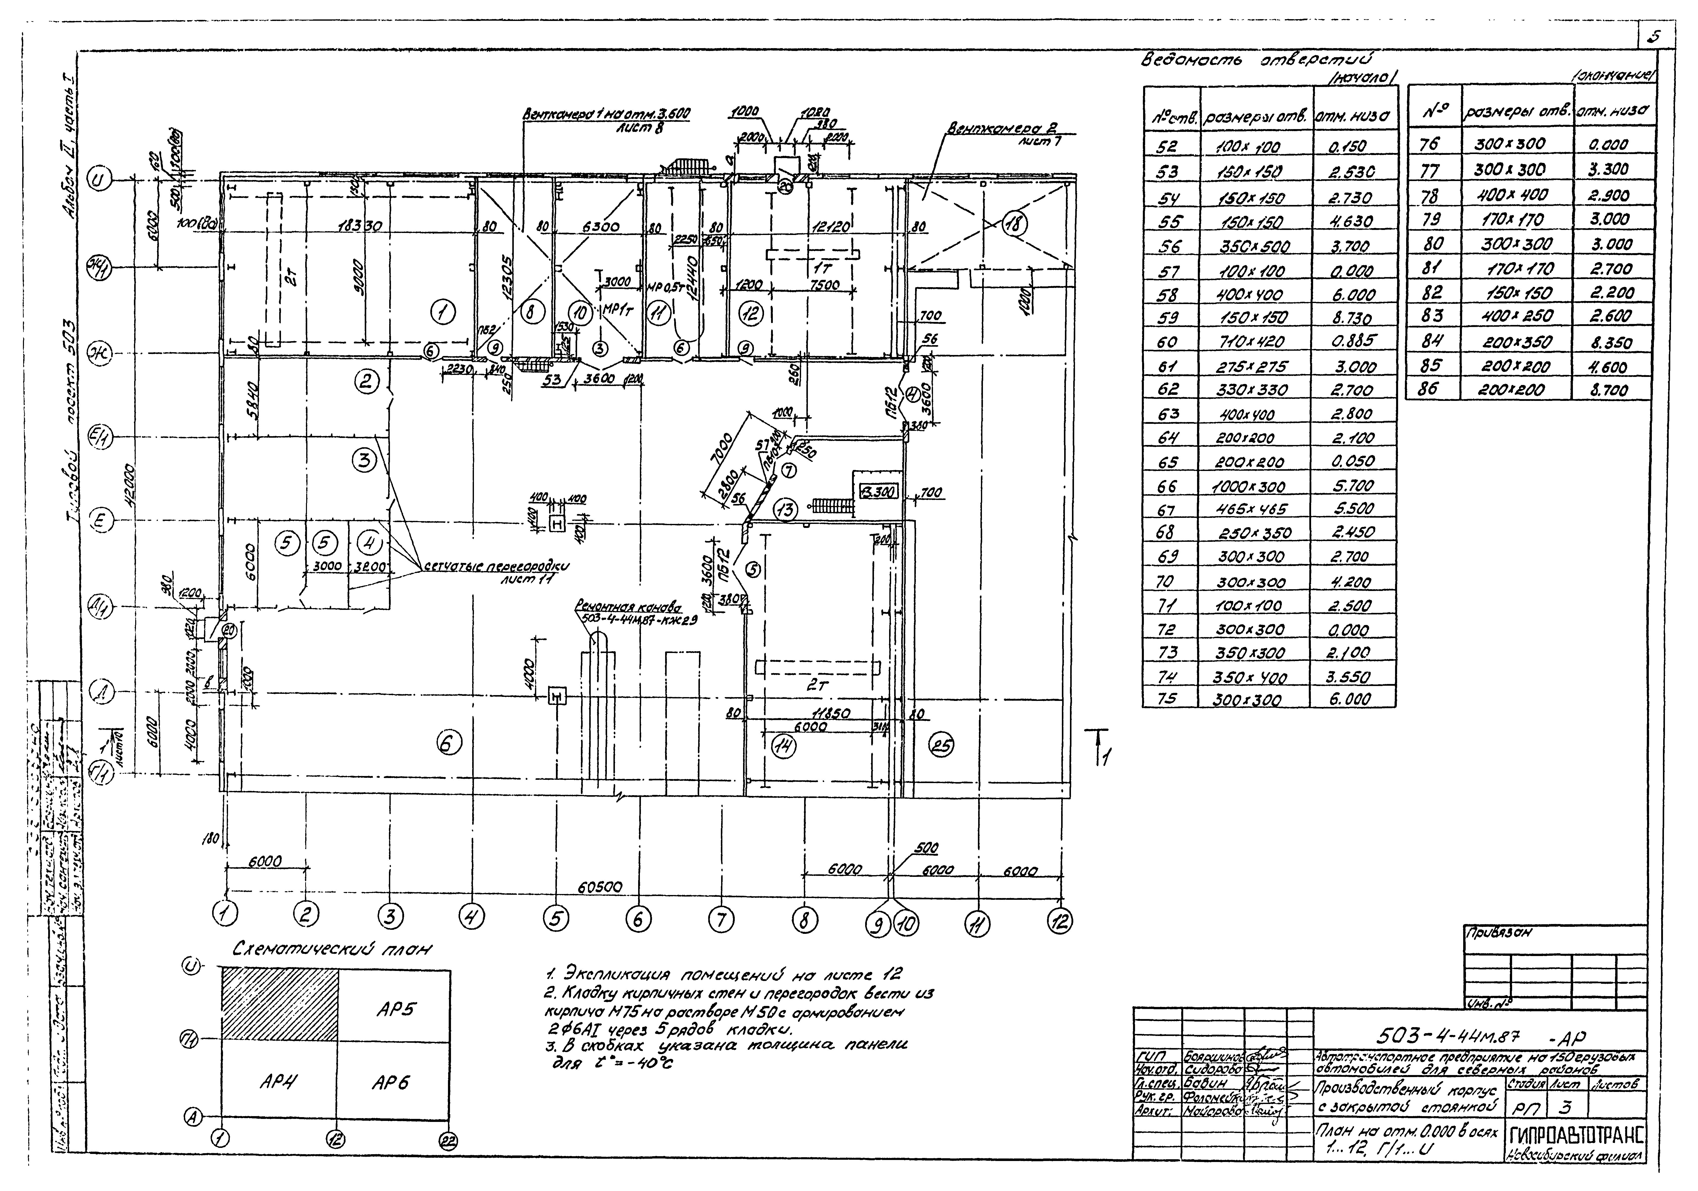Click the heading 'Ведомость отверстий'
point(1257,61)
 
